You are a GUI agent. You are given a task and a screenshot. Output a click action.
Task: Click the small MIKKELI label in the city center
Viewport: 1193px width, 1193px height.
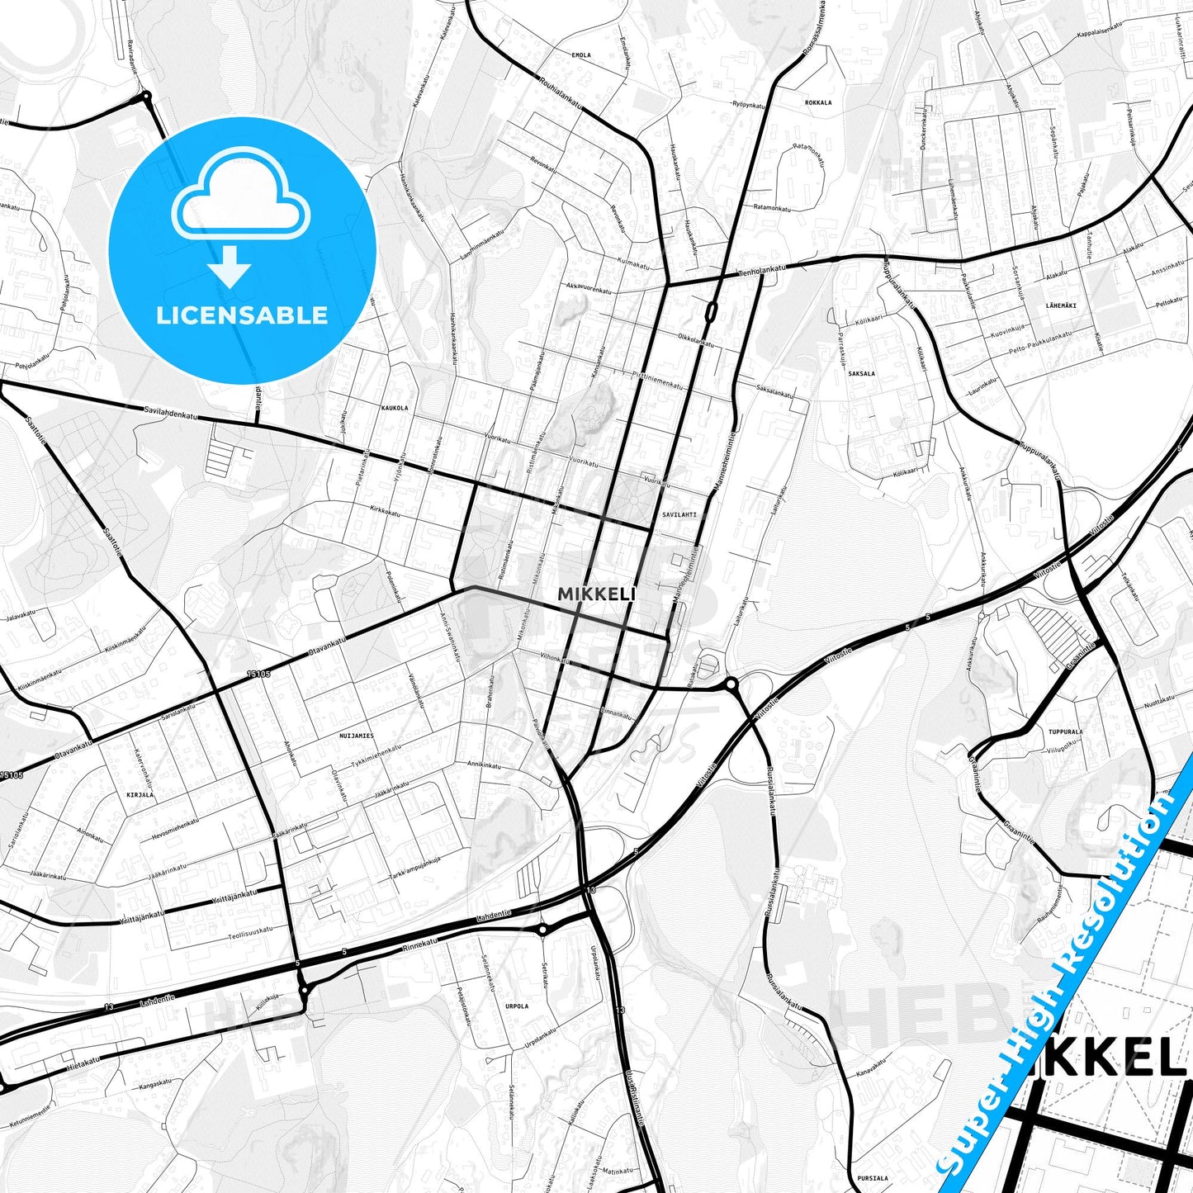pyautogui.click(x=596, y=594)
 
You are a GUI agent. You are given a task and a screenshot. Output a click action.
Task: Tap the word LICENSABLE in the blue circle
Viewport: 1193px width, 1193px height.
pyautogui.click(x=242, y=315)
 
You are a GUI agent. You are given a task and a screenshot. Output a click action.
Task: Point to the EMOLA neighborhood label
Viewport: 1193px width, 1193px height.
pyautogui.click(x=581, y=55)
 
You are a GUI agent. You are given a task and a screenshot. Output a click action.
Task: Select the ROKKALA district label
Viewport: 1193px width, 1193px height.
pyautogui.click(x=818, y=103)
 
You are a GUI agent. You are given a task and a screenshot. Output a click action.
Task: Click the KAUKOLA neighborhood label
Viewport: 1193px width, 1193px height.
pyautogui.click(x=395, y=408)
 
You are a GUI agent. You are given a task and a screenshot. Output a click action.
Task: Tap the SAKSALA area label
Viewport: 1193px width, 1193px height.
pyautogui.click(x=861, y=373)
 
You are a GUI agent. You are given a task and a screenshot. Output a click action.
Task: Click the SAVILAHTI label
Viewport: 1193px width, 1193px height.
pyautogui.click(x=679, y=514)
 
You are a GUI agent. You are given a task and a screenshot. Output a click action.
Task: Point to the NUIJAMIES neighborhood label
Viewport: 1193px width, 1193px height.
pyautogui.click(x=357, y=735)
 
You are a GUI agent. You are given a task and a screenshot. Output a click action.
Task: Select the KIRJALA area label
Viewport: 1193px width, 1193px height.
pyautogui.click(x=140, y=794)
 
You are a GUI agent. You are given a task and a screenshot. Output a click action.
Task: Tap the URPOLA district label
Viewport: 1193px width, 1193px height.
pyautogui.click(x=516, y=1006)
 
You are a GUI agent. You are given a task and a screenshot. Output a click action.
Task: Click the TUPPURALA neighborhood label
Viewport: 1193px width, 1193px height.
pyautogui.click(x=1066, y=731)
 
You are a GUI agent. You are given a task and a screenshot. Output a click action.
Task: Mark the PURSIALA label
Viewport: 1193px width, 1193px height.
pyautogui.click(x=872, y=1178)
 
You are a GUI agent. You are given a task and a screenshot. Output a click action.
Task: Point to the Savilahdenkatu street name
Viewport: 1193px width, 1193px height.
pyautogui.click(x=172, y=414)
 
